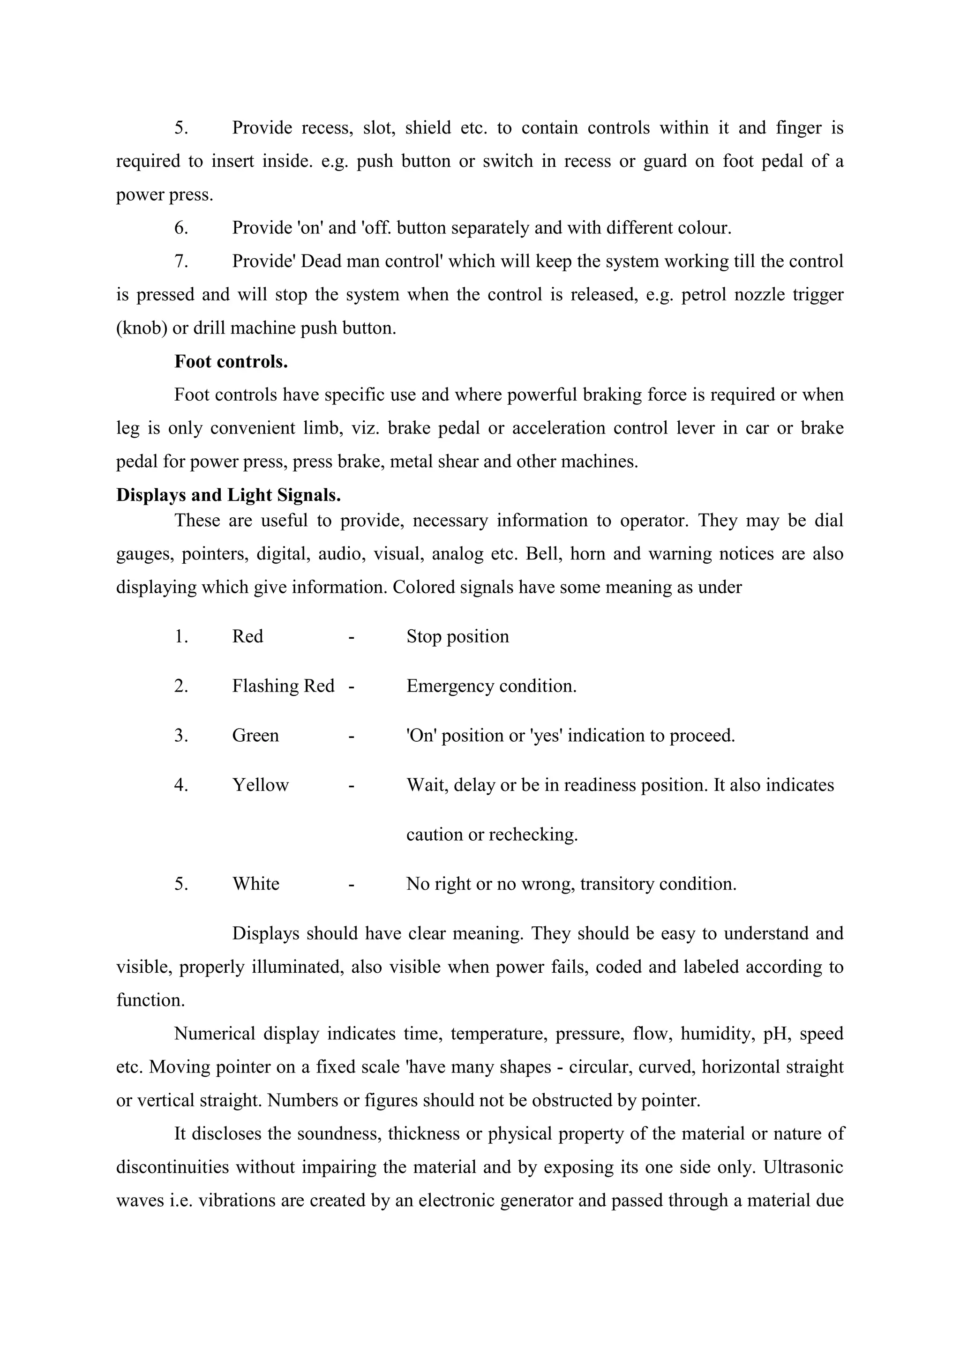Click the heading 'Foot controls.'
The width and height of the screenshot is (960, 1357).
click(231, 362)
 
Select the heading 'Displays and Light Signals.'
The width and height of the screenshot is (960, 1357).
click(228, 495)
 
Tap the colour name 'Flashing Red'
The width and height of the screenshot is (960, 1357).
click(283, 686)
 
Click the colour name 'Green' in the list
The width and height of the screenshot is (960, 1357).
click(255, 735)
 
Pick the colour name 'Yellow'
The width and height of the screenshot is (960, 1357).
click(260, 785)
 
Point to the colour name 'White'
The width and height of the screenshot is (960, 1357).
click(255, 884)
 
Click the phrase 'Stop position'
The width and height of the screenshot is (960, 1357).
click(457, 636)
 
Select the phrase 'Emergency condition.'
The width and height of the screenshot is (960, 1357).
click(491, 686)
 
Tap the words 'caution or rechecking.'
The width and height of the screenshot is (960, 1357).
click(492, 835)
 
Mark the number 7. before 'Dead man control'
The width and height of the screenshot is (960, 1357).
click(181, 261)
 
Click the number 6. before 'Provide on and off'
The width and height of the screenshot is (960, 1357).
click(181, 228)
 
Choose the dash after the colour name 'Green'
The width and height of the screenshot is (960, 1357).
click(351, 736)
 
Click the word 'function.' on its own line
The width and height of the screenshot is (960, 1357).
click(150, 1000)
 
